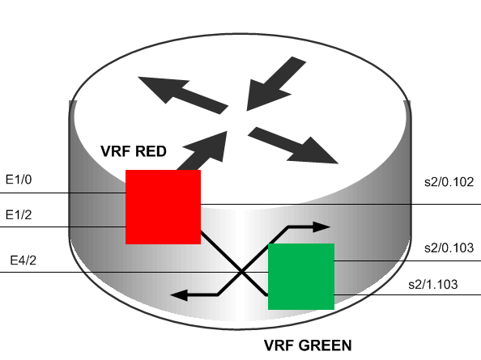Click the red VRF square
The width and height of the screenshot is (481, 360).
click(164, 207)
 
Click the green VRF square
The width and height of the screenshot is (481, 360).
click(301, 277)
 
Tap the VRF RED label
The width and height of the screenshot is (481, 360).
click(134, 151)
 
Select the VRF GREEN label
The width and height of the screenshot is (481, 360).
click(308, 345)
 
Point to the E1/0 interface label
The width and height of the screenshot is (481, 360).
click(19, 180)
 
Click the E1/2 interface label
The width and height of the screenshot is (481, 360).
click(19, 214)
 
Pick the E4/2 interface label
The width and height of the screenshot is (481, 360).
click(23, 260)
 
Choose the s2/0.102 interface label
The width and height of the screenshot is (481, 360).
click(449, 182)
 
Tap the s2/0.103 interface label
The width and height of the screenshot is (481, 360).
click(449, 248)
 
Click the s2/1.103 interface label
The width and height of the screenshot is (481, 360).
click(433, 285)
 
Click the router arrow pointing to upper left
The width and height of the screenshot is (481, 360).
click(183, 94)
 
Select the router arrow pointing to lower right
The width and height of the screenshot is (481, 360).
click(293, 145)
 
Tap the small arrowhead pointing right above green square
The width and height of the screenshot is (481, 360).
click(321, 227)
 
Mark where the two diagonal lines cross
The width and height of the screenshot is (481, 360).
click(242, 272)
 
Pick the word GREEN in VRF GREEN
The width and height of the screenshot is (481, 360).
click(326, 345)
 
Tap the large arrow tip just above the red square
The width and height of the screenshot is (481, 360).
click(227, 131)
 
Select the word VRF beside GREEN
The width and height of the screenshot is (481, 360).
click(279, 345)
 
